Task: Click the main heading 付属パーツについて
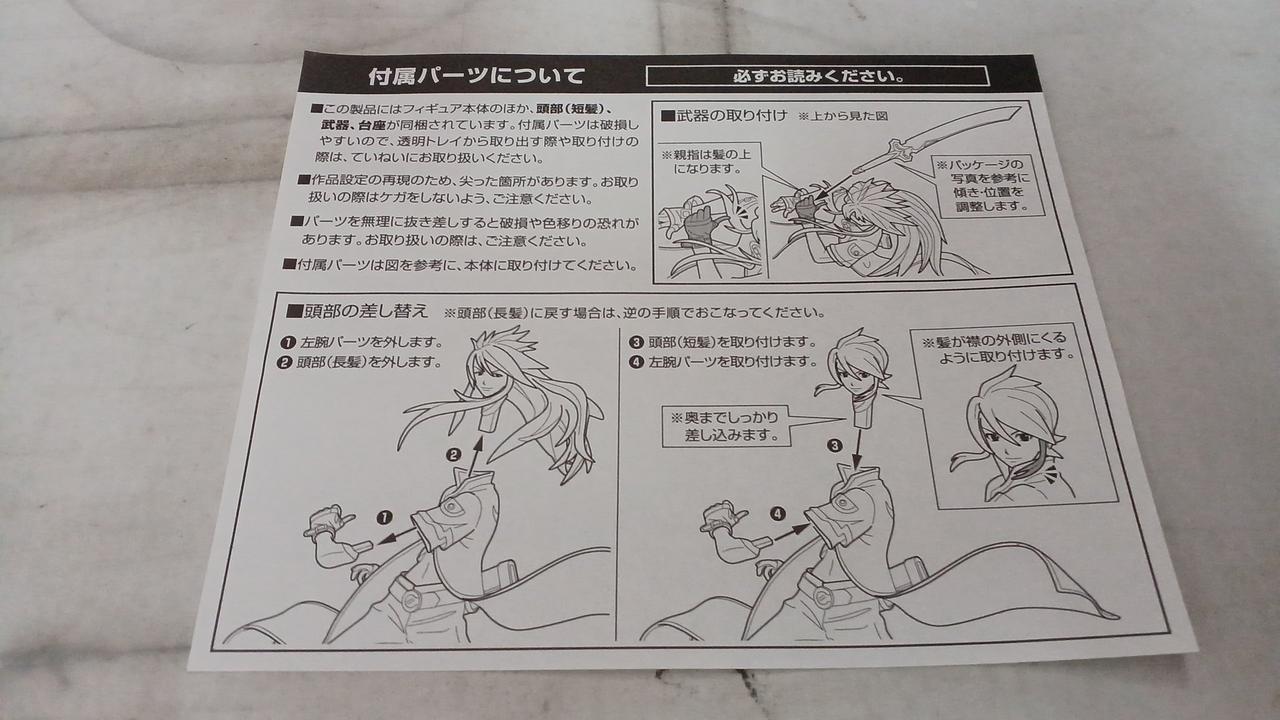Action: coord(476,76)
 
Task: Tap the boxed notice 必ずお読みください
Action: coord(817,76)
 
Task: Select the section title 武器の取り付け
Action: coord(724,116)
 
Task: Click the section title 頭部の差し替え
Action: coord(357,311)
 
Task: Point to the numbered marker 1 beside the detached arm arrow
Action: coord(385,518)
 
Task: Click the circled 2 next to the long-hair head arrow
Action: coord(453,455)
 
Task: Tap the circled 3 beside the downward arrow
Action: coord(835,445)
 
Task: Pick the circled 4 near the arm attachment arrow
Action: coord(778,514)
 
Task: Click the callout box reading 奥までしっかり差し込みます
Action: coord(725,426)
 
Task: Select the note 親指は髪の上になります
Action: coord(706,162)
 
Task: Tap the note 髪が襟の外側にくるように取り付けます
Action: coord(998,347)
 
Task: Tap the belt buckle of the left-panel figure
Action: coord(411,599)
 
